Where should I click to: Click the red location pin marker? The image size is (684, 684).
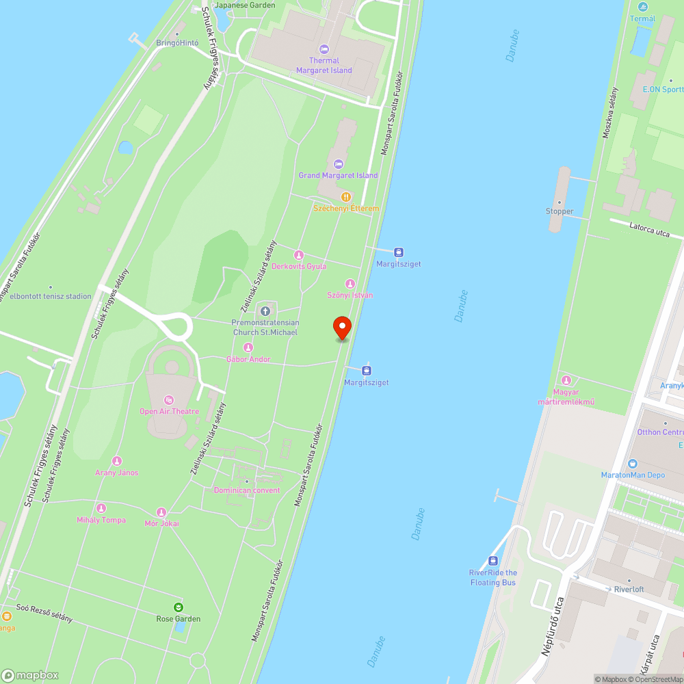342,328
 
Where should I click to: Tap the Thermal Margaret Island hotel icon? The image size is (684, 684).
324,49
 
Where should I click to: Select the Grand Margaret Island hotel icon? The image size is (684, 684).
338,164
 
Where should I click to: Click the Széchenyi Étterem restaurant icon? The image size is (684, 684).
346,197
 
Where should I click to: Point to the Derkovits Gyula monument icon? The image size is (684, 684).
299,255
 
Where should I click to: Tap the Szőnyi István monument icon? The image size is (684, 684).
350,284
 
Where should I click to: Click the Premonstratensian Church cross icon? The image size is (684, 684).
265,312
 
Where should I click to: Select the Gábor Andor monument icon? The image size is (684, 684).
248,348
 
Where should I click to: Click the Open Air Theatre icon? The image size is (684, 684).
169,400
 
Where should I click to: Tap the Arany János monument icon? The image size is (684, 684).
117,462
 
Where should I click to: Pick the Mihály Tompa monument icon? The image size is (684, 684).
101,508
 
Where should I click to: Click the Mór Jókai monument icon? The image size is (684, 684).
161,512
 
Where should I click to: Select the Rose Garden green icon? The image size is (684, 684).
179,607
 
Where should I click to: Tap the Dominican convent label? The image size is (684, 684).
247,490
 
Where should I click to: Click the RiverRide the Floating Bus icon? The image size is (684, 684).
493,561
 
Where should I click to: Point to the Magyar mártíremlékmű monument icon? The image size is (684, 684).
566,380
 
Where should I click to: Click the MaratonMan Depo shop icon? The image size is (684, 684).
633,464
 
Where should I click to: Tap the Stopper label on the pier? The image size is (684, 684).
560,211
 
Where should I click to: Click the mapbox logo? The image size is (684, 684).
31,675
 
